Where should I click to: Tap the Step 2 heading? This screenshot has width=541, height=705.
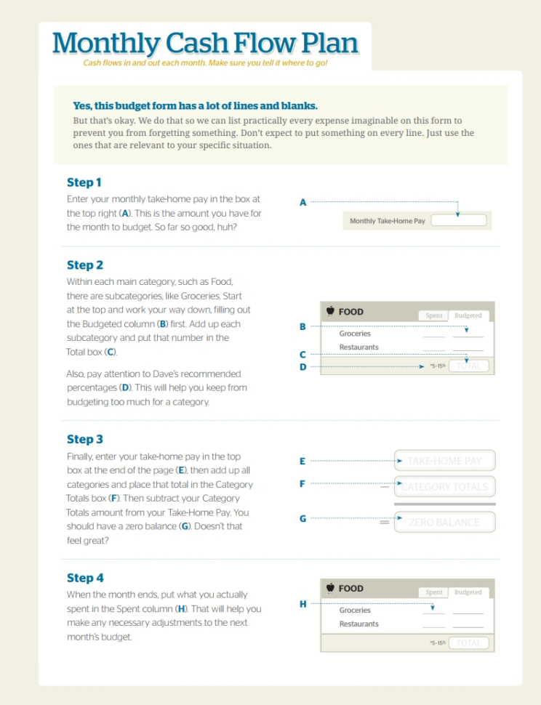pyautogui.click(x=85, y=265)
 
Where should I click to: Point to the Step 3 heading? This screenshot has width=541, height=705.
pyautogui.click(x=85, y=439)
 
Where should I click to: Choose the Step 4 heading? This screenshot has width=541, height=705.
pyautogui.click(x=85, y=578)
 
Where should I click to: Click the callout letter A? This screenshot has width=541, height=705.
pyautogui.click(x=302, y=202)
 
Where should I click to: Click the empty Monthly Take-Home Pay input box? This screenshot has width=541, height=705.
pyautogui.click(x=458, y=220)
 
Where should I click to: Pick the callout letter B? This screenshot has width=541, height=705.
pyautogui.click(x=302, y=327)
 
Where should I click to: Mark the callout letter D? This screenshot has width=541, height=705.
pyautogui.click(x=302, y=367)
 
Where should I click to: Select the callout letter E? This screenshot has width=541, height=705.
pyautogui.click(x=302, y=461)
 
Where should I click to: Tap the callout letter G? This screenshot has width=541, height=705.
pyautogui.click(x=302, y=519)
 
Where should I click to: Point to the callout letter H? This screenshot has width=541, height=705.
pyautogui.click(x=302, y=603)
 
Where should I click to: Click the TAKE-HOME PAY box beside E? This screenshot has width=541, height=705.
pyautogui.click(x=445, y=461)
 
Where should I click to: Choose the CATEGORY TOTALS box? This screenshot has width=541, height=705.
pyautogui.click(x=445, y=487)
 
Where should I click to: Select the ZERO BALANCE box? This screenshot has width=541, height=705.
pyautogui.click(x=445, y=522)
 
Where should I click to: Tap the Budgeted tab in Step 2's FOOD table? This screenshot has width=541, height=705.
pyautogui.click(x=468, y=315)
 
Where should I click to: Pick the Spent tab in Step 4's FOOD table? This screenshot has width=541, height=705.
pyautogui.click(x=434, y=592)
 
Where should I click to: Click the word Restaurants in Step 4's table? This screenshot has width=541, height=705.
pyautogui.click(x=358, y=624)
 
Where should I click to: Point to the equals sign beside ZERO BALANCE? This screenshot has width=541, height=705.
pyautogui.click(x=384, y=522)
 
